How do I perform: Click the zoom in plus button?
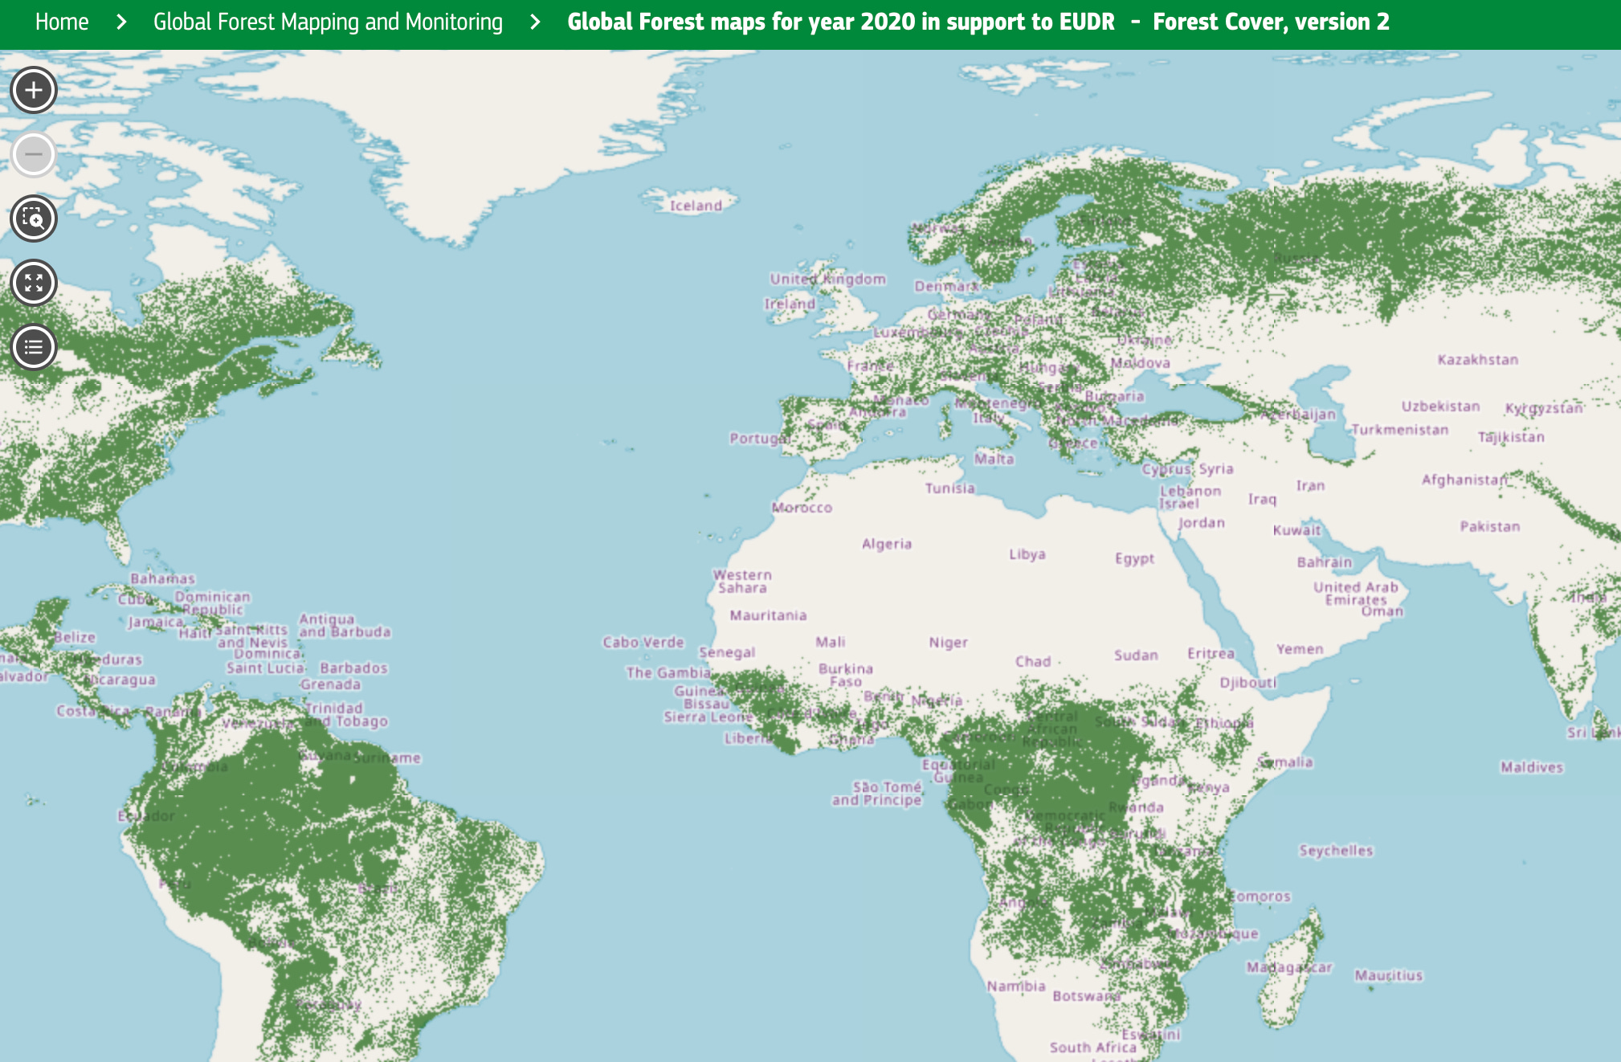[34, 90]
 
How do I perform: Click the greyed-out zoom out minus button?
[34, 154]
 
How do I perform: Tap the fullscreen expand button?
[34, 283]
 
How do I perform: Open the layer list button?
[34, 347]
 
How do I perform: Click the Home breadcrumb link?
[62, 22]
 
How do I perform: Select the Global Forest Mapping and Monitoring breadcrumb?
[328, 22]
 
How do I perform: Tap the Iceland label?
[696, 206]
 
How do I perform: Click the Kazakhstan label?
[1477, 360]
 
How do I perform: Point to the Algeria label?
[886, 544]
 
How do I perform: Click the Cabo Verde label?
[643, 643]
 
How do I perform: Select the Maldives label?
[1531, 767]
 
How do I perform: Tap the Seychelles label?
[1336, 851]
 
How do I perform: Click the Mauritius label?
[1388, 975]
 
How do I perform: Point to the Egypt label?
[1134, 558]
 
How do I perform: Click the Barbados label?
[353, 668]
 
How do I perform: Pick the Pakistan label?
[1489, 527]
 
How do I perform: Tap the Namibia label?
[1015, 986]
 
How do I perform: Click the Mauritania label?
[768, 615]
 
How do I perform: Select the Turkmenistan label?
[1399, 430]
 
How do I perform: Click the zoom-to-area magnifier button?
[34, 219]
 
